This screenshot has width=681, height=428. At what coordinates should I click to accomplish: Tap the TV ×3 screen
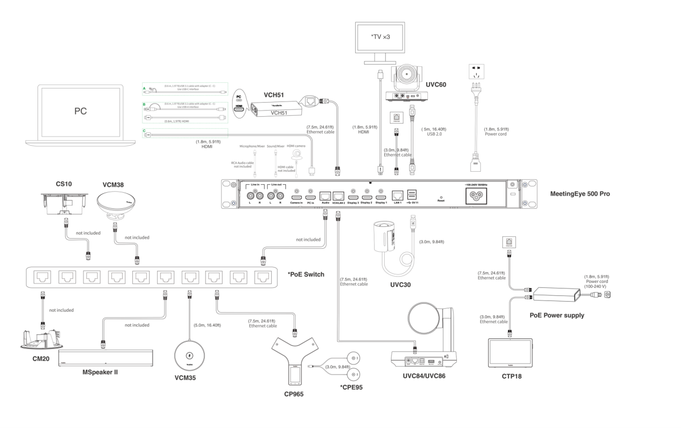[x=379, y=39]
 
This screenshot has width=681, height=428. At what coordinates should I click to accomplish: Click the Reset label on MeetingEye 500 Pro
[x=440, y=201]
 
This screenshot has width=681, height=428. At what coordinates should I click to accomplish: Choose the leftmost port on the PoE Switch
[x=43, y=276]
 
